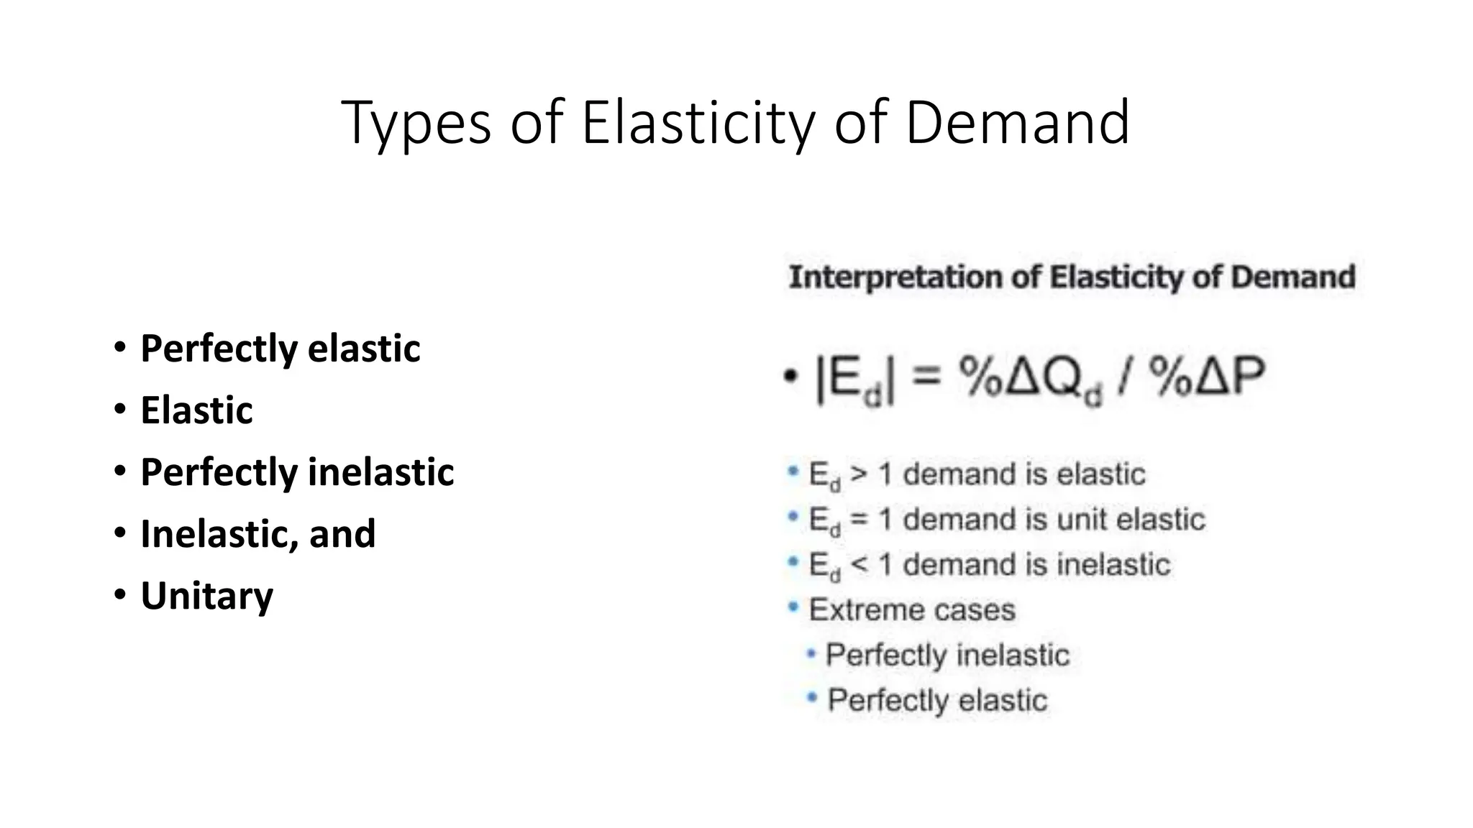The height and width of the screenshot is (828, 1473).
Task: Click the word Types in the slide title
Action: coord(416,124)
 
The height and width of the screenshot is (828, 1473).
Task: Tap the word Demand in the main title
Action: coord(1017,124)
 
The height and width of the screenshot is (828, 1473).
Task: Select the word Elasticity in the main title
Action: coord(698,124)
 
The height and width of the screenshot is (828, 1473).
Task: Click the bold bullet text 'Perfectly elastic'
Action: coord(280,349)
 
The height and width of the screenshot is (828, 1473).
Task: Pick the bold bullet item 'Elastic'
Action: coord(196,410)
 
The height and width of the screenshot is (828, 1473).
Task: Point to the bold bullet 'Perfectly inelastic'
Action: coord(297,472)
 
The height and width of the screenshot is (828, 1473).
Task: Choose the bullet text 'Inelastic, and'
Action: coord(257,534)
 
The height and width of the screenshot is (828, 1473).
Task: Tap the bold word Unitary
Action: coord(206,596)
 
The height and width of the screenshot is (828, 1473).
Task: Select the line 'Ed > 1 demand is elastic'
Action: coord(976,475)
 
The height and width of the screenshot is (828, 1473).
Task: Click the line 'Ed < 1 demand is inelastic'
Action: coord(989,565)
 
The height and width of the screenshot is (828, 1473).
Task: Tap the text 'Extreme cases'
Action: coord(911,610)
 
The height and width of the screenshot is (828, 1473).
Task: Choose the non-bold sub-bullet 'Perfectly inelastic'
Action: coord(947,655)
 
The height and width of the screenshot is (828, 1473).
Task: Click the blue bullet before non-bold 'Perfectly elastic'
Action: coord(812,697)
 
